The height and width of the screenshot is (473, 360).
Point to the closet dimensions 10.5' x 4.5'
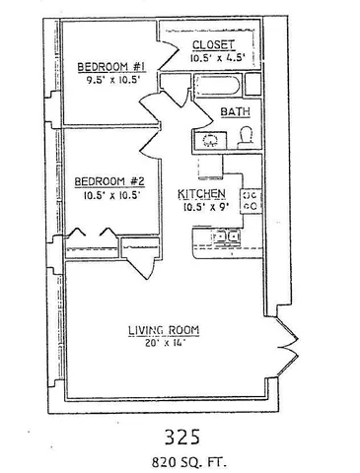coord(214,58)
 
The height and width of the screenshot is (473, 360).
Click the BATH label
coord(234,112)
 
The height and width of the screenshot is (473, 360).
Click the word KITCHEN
coord(203,193)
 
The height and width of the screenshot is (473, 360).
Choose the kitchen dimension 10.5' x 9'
coord(203,207)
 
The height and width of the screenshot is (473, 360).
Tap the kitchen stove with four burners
coord(251,201)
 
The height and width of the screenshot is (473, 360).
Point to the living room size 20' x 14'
coord(166,343)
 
